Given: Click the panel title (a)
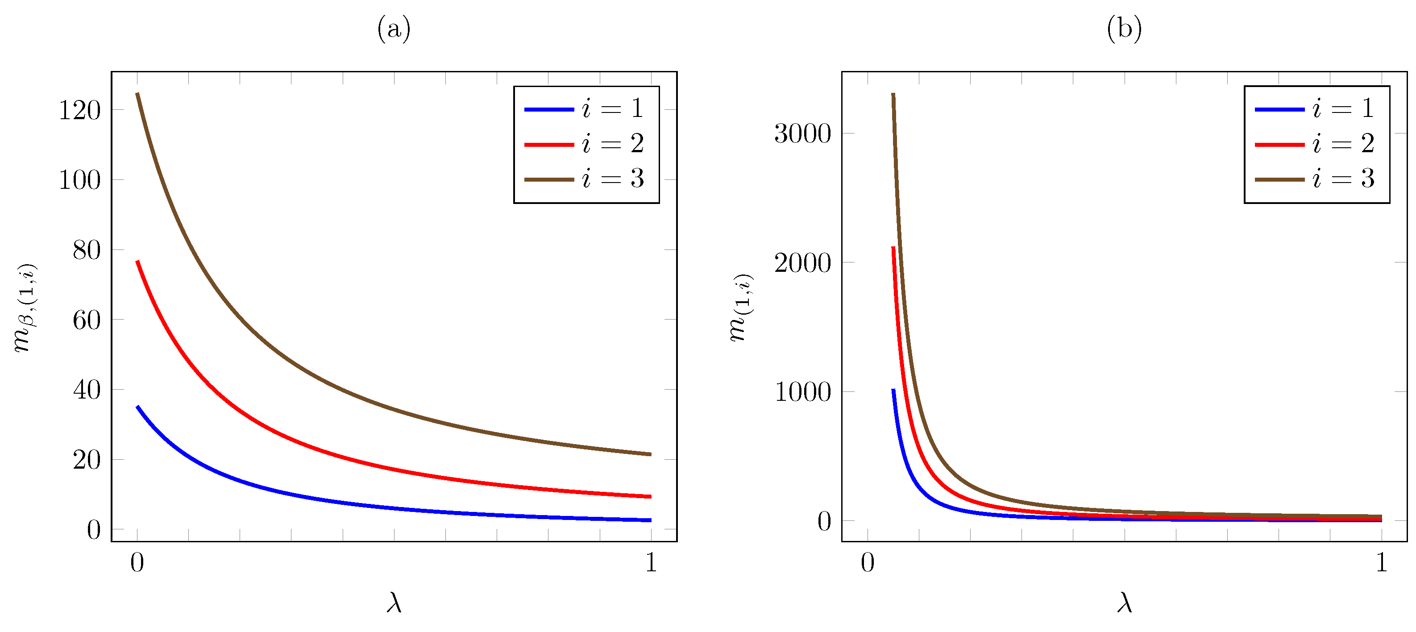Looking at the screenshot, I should [394, 29].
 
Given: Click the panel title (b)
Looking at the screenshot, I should [1124, 29].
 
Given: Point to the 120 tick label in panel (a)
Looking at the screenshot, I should [80, 110].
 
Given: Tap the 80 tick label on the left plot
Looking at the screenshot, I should [87, 250].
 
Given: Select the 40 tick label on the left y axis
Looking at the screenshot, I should [87, 390].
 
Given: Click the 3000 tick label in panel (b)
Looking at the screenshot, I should [802, 133].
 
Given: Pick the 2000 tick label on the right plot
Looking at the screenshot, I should [802, 263].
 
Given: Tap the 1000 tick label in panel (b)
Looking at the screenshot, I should [802, 392].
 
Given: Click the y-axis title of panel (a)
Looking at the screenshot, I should [25, 308].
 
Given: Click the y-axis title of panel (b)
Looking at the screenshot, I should [741, 308].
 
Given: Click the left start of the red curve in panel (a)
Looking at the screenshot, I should [137, 262].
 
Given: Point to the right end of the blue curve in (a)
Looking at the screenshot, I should [650, 520].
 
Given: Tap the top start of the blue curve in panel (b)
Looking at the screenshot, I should [893, 390].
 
